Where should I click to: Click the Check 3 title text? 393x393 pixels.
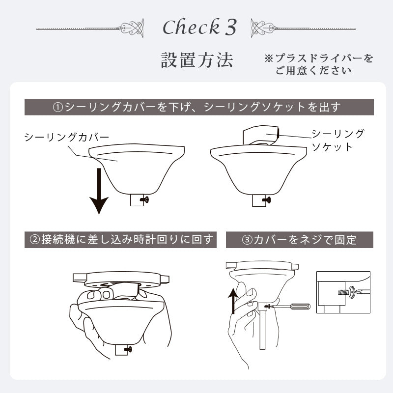point(199,28)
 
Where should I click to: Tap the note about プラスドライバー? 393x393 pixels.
point(319,64)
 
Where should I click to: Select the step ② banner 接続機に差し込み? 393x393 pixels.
point(120,240)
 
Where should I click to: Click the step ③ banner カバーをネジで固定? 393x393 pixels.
point(299,240)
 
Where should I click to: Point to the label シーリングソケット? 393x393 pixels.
point(337,140)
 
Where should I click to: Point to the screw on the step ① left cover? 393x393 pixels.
point(145,199)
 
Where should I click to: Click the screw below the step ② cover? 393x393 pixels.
point(129,349)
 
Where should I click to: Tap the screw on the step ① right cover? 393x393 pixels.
point(267,199)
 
